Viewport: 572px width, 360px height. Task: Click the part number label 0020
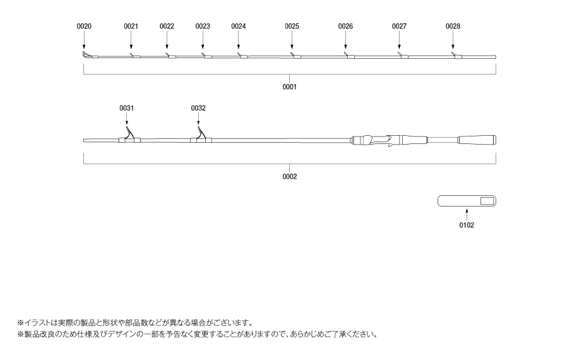coord(84,27)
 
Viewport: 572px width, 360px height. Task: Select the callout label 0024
coord(239,27)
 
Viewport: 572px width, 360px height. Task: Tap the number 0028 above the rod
coord(453,27)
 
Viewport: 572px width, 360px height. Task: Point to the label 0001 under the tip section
coord(290,87)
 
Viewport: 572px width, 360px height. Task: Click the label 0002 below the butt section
coord(290,177)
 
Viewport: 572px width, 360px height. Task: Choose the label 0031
coord(126,108)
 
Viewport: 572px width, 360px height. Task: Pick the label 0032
coord(198,108)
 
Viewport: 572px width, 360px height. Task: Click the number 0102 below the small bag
coord(467,225)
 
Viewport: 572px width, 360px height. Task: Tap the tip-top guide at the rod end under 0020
coord(88,55)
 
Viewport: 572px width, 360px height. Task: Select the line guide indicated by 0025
coord(295,56)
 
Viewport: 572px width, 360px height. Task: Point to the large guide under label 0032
coord(201,135)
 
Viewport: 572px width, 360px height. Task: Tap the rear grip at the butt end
coord(477,140)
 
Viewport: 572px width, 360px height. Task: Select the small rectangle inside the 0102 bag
coord(487,201)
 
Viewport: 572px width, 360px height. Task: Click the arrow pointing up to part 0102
coord(467,214)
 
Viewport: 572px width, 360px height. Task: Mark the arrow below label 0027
coord(399,40)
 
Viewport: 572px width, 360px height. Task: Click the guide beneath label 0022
coord(170,56)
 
